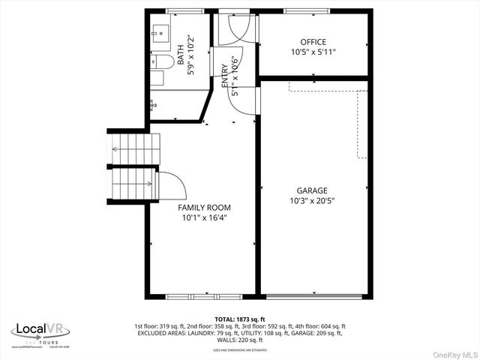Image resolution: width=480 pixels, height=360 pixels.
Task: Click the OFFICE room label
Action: coord(313,42)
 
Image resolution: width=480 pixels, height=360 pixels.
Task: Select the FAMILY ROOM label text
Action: coord(204,208)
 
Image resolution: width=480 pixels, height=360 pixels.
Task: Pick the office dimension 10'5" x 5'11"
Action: coord(313,52)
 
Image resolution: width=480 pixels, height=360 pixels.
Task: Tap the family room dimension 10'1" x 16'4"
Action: coord(204,218)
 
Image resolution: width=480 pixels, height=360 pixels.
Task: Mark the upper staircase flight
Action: coord(135,148)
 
